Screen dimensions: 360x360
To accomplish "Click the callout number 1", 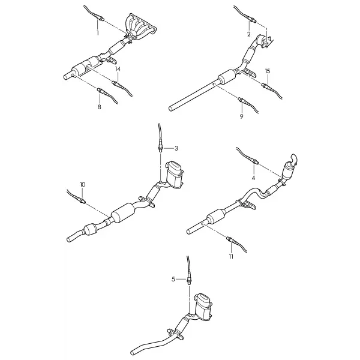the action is (98, 33).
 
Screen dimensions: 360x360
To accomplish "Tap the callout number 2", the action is (249, 34).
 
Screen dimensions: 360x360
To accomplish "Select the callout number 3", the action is (176, 148).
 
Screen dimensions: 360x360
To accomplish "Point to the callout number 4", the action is (253, 178).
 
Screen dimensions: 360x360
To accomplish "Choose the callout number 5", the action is (173, 279).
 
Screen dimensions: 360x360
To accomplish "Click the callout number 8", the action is (99, 107).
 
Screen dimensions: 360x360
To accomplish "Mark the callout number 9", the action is (241, 116).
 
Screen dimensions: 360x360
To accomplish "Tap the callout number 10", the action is (83, 185).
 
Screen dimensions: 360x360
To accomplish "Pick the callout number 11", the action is (231, 256).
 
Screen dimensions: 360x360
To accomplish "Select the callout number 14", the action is (118, 69).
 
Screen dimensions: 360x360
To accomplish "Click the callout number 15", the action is (268, 71).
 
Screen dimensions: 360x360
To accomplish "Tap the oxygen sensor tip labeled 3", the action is (160, 151).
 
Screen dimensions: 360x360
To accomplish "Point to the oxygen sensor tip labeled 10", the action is (84, 202).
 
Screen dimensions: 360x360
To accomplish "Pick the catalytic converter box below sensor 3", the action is (175, 175).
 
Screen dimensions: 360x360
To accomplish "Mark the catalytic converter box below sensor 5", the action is (203, 307).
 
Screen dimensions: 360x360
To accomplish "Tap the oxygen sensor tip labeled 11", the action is (227, 238).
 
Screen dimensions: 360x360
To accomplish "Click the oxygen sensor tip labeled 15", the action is (263, 85).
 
